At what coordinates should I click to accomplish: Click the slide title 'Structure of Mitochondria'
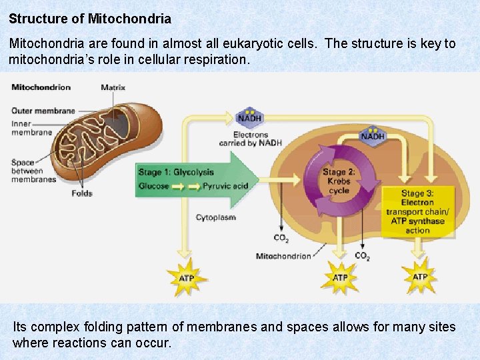(90, 18)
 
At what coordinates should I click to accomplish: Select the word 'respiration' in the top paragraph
(213, 59)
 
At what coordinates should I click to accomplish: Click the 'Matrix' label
(113, 87)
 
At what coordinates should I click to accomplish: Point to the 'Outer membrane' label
(43, 111)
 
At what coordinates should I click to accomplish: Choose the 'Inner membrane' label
(31, 128)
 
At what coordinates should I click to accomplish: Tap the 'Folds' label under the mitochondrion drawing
(81, 193)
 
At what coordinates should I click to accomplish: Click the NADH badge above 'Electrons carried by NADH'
(249, 117)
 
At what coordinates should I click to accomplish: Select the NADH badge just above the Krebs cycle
(373, 135)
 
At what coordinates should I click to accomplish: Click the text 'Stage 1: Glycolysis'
(176, 172)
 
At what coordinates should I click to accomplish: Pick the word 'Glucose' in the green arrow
(153, 187)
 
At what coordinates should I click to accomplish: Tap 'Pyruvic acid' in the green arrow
(225, 187)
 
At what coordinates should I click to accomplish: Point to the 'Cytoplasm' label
(215, 217)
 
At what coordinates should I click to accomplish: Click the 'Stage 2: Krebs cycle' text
(339, 181)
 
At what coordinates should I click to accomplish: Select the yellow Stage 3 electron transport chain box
(417, 212)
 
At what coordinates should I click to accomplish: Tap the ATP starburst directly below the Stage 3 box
(420, 277)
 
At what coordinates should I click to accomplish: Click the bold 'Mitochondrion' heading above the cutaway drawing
(41, 87)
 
